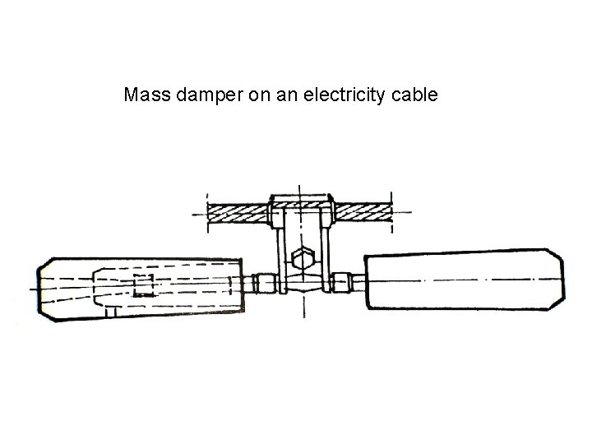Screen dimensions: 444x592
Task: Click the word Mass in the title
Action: pos(144,95)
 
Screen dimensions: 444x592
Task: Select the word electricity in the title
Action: pos(344,95)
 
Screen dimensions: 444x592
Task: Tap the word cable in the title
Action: pos(415,95)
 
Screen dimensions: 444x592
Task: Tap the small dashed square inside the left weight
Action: pos(143,287)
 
